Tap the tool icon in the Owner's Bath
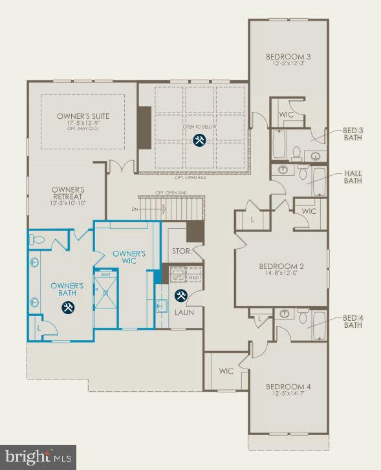[67, 308]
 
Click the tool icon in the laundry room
[182, 295]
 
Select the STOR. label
[181, 251]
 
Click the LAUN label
[184, 312]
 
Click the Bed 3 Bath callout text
[353, 134]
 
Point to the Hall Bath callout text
[353, 176]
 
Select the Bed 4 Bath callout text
[353, 321]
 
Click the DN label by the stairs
[134, 209]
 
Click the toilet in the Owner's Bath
[37, 240]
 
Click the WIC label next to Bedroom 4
[226, 371]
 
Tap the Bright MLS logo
[38, 456]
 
